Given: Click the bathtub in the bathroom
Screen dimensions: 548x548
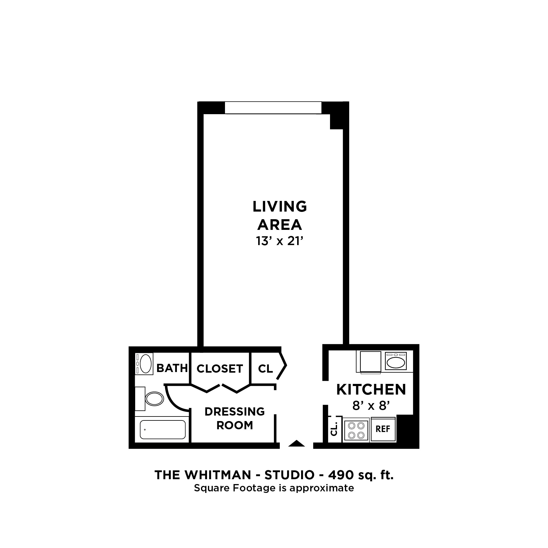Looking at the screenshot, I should tap(163, 430).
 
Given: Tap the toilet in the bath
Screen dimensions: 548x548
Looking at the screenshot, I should tap(154, 399).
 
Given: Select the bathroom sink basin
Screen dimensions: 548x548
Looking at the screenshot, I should tap(146, 364).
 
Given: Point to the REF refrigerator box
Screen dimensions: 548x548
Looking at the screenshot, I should tap(383, 429).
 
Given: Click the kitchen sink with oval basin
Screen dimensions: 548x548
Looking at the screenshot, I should tap(395, 362).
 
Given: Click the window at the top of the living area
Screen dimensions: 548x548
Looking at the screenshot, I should tap(273, 108).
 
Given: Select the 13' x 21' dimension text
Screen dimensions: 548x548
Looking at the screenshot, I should tap(280, 241).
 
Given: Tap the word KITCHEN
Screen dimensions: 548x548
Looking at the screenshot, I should tap(371, 389).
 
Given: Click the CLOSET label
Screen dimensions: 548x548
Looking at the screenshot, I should tap(220, 369).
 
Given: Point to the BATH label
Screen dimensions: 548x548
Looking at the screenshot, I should tap(172, 368).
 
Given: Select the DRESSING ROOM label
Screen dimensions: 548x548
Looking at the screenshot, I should tap(234, 418).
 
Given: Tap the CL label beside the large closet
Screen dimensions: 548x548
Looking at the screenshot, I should tap(265, 369).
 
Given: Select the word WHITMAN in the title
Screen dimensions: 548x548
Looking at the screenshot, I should tap(218, 475).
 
